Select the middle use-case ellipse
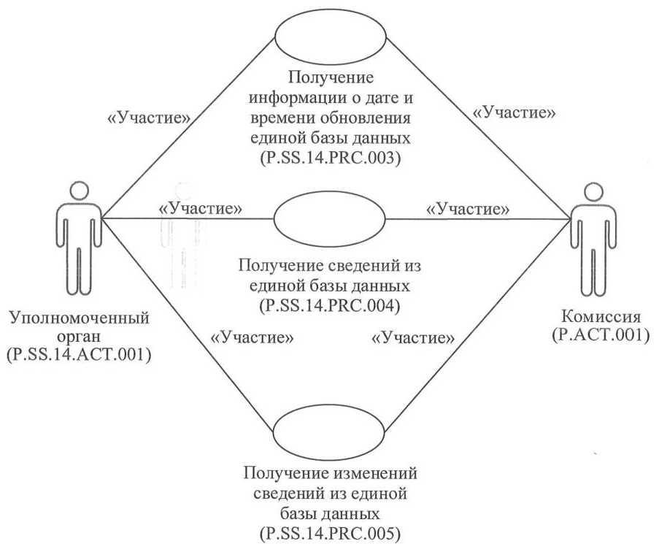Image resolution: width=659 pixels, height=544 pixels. point(329,218)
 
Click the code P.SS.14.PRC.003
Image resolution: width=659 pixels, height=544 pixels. point(329,157)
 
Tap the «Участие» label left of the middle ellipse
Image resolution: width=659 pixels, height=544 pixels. point(201,208)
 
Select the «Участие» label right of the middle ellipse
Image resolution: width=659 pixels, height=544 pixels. point(468,208)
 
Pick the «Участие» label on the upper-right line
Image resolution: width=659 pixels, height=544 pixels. point(515,112)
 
